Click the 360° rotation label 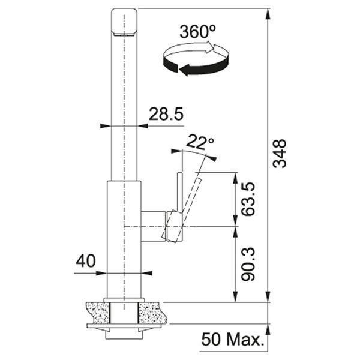[197, 32]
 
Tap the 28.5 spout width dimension [166, 114]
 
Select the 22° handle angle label [200, 143]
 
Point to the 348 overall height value [280, 154]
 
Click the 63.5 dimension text [248, 199]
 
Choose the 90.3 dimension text [248, 264]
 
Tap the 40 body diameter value [86, 261]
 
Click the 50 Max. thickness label [232, 339]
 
